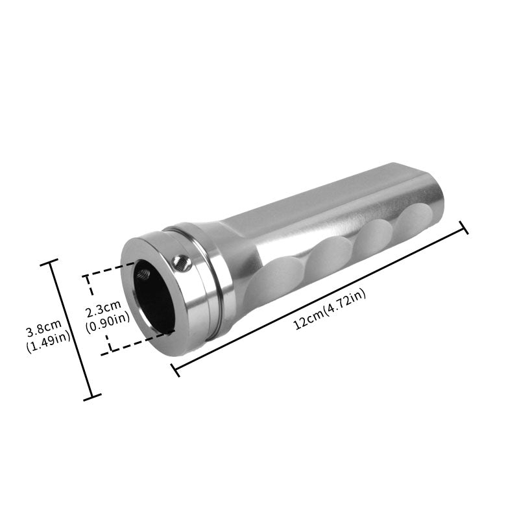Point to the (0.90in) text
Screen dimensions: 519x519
tap(108, 318)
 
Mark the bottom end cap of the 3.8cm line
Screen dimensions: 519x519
tap(93, 396)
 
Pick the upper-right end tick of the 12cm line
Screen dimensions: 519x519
tap(463, 228)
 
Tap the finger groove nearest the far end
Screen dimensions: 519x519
tap(415, 224)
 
